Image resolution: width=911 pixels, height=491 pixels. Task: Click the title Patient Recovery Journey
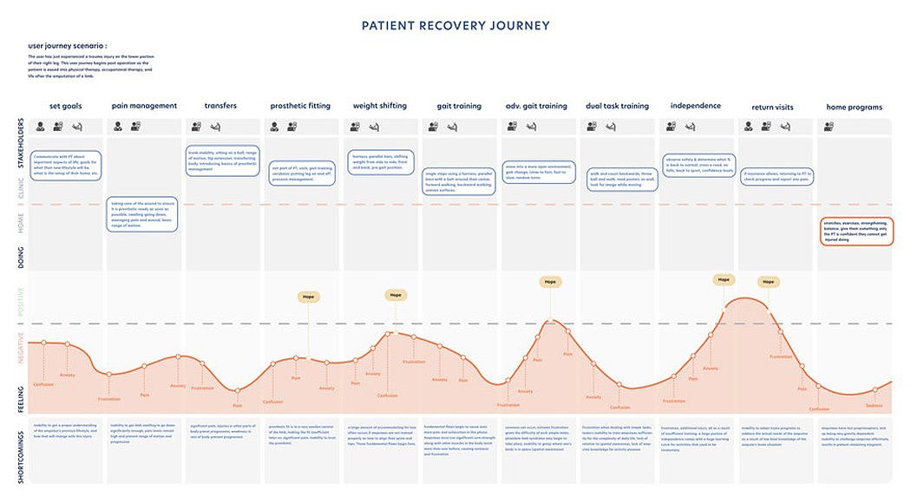(x=455, y=25)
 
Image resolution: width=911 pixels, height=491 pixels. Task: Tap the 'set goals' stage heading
(x=66, y=106)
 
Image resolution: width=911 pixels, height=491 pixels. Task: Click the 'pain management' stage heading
(x=144, y=106)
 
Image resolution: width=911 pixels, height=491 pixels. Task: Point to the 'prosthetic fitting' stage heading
(x=300, y=106)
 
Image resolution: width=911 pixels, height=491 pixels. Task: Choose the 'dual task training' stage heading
(x=617, y=106)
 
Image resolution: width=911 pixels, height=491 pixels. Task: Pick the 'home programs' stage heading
(x=854, y=108)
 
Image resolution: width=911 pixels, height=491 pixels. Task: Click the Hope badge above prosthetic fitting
(x=308, y=297)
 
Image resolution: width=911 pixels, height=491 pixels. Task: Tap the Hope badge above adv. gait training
(x=549, y=282)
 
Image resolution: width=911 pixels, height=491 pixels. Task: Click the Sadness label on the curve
(x=874, y=405)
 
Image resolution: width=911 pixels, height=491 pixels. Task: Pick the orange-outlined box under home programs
(x=855, y=231)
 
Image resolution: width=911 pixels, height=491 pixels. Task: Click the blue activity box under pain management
(x=142, y=214)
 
